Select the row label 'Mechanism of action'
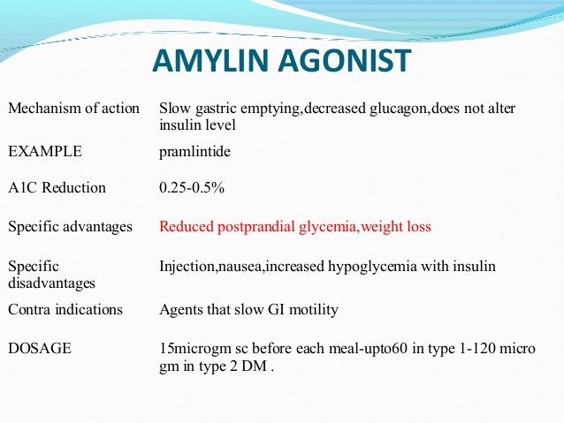click(x=73, y=108)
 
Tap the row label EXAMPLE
click(x=44, y=151)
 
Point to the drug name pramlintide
click(x=194, y=151)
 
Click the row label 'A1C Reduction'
click(x=57, y=187)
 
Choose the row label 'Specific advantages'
click(x=70, y=227)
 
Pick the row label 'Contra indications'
click(x=65, y=309)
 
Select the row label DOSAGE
click(x=40, y=349)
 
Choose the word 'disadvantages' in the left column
click(x=52, y=283)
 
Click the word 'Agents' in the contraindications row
click(x=179, y=309)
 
